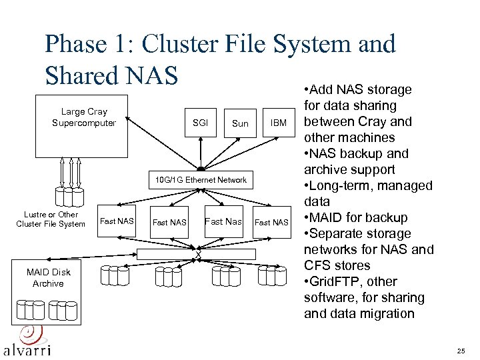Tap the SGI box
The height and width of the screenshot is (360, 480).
pos(200,123)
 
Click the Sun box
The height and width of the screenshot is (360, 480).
pos(240,123)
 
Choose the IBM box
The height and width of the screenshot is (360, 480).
pos(279,123)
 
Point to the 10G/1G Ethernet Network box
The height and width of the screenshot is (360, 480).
pos(201,180)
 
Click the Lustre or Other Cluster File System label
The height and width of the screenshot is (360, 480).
pos(51,219)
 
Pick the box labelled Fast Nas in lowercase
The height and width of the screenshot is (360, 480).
pos(223,221)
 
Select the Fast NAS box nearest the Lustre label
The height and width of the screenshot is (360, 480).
pos(117,221)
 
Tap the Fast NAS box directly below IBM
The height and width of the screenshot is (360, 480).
pos(272,222)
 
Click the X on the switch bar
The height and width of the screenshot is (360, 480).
pos(198,254)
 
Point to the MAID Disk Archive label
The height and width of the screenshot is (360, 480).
pos(49,278)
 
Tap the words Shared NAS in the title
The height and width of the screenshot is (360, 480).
pos(112,75)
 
